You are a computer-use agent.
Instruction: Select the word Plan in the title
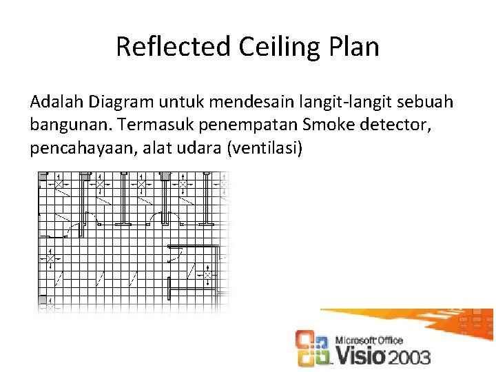pyautogui.click(x=355, y=47)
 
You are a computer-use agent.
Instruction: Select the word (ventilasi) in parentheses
pyautogui.click(x=264, y=149)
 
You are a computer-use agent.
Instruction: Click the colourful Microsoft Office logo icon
pyautogui.click(x=313, y=348)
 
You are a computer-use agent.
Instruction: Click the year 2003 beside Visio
pyautogui.click(x=409, y=357)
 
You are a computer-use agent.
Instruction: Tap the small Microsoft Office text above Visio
pyautogui.click(x=369, y=340)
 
